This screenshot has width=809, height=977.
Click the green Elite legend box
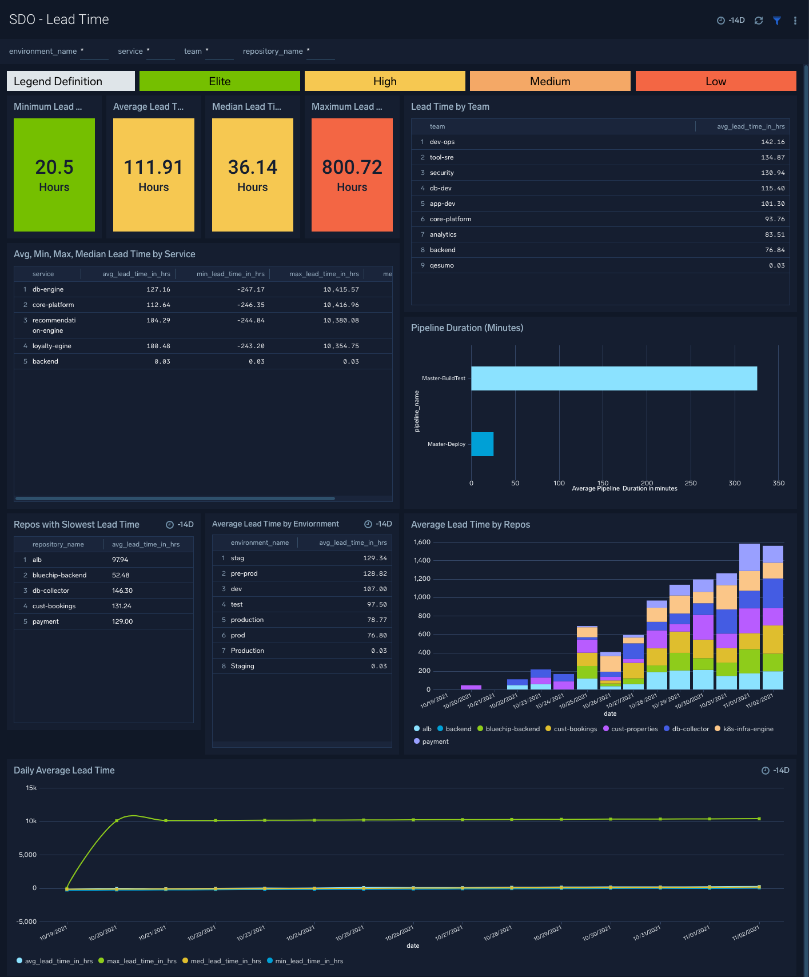[x=220, y=81]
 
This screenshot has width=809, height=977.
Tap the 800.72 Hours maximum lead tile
[x=352, y=175]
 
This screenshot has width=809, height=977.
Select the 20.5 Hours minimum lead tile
[x=54, y=175]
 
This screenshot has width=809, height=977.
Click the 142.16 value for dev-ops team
[x=772, y=142]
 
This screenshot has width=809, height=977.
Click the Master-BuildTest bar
[x=613, y=378]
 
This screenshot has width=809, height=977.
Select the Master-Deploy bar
[x=482, y=444]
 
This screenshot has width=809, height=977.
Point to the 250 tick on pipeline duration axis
[x=691, y=483]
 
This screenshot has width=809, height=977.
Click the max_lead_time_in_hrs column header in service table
[x=324, y=274]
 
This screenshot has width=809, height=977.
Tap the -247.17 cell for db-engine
[x=250, y=289]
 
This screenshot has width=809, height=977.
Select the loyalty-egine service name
[x=51, y=346]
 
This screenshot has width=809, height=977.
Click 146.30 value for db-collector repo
[x=122, y=591]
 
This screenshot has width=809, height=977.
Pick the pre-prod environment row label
[x=244, y=573]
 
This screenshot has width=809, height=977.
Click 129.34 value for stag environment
[x=374, y=558]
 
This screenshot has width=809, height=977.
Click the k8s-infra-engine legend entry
[x=748, y=729]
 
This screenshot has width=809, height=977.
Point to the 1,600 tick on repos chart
[x=422, y=542]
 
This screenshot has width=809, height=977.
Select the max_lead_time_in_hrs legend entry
[x=141, y=961]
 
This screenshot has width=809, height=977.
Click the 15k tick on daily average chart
[x=31, y=788]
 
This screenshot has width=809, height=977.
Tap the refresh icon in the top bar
[x=759, y=21]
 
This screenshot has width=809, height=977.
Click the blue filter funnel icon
[x=777, y=21]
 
